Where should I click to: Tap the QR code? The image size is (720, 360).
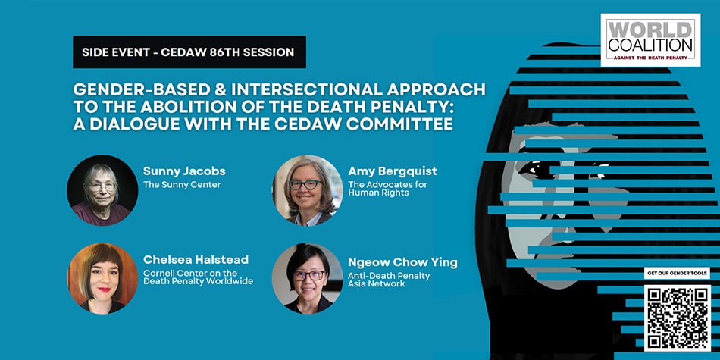677,317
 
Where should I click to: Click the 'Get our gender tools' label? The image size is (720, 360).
677,273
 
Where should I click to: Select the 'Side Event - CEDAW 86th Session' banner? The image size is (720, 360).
189,52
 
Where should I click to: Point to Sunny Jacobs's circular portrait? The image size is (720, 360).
102,190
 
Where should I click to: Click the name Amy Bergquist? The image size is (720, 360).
391,171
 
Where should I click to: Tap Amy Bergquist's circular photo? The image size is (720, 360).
307,190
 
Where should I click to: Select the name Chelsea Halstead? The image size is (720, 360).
196,260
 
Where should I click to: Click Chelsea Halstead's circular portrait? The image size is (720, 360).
102,278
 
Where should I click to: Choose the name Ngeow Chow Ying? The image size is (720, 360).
402,262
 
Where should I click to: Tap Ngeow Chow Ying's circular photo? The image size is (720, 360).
307,278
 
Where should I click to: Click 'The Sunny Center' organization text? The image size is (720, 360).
182,184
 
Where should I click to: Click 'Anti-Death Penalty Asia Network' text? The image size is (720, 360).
389,280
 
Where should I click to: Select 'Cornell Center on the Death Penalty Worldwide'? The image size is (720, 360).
198,277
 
